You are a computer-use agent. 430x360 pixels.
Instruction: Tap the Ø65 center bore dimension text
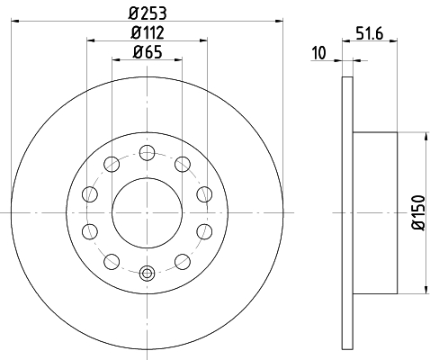148,51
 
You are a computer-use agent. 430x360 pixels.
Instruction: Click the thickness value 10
318,53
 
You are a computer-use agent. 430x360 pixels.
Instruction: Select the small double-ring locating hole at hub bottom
148,272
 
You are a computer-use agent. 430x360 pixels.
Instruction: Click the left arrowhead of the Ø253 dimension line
17,21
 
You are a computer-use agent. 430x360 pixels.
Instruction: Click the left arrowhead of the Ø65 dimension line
116,60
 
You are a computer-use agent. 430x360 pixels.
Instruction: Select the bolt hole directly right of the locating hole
183,261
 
